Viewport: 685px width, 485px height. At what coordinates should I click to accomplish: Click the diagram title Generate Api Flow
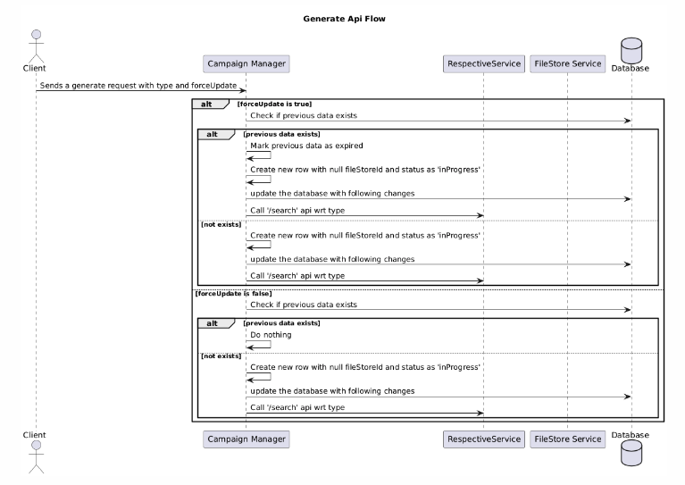point(344,18)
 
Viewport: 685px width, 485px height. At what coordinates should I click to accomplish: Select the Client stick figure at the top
point(36,45)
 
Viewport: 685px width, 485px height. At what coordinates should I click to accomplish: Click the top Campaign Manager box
point(246,64)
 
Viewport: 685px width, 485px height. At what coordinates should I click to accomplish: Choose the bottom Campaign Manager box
point(246,439)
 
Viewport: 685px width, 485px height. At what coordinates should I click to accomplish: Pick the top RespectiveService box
point(483,64)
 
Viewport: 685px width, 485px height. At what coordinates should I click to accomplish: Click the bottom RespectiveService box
point(483,439)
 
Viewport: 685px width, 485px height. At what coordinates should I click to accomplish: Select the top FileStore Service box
point(567,64)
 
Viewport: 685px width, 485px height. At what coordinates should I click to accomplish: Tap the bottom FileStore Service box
point(567,439)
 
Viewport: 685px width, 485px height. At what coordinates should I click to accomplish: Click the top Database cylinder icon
point(631,49)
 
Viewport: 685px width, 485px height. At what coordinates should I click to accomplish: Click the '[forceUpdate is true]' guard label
point(275,104)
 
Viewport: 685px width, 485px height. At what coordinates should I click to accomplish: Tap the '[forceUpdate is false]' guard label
point(233,293)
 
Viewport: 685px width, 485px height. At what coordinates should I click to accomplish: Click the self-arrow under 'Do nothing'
point(259,344)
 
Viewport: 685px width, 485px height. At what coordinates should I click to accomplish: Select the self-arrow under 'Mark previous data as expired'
point(259,155)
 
